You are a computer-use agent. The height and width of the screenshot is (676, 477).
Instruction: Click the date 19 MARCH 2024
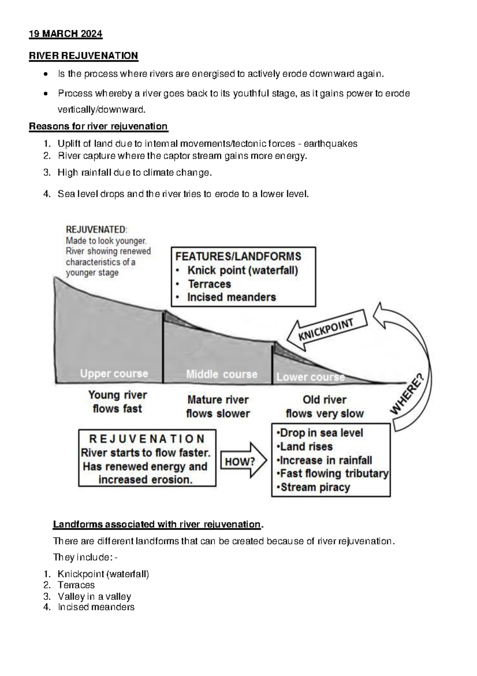pos(66,34)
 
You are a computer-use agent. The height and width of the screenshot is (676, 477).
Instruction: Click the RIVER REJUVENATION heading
pos(83,56)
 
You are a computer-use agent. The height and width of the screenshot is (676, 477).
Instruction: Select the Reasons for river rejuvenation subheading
pos(99,126)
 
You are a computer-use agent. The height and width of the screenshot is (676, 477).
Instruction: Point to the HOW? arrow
pos(242,461)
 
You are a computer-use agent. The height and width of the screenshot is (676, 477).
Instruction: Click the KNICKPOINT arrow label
pos(327,330)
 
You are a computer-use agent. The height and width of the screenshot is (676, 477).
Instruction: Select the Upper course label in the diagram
pos(114,374)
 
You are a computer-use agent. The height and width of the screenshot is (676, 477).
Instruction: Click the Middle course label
pos(222,374)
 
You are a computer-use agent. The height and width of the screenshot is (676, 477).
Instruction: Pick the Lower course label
pos(310,377)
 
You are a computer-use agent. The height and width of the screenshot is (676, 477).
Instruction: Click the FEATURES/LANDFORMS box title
pos(238,256)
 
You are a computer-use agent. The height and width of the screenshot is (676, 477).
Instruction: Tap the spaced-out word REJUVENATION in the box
pos(147,439)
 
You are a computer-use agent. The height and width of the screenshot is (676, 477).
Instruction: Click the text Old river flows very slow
pos(325,406)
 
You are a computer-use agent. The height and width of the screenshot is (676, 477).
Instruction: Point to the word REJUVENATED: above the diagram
pos(97,229)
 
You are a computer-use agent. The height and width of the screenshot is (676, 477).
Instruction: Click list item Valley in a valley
pos(94,596)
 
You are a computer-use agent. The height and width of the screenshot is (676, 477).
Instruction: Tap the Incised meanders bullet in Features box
pos(231,297)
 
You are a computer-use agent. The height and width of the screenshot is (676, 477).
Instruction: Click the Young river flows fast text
pos(117,402)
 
